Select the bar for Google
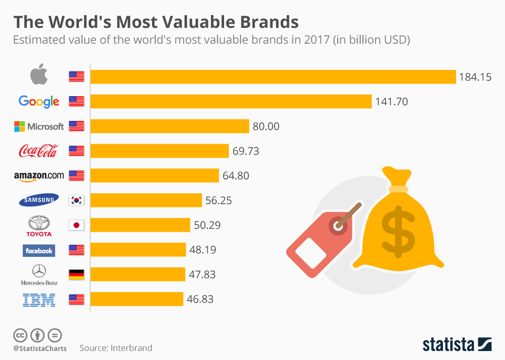click(x=231, y=102)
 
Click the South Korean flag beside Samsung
click(x=76, y=201)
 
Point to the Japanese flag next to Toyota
click(x=76, y=225)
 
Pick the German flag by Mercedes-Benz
click(x=76, y=275)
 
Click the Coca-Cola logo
click(x=38, y=151)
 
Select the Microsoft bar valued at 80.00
click(x=169, y=126)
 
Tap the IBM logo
click(x=39, y=300)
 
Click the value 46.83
click(x=200, y=299)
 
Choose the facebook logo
click(x=39, y=251)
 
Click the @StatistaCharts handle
click(x=40, y=348)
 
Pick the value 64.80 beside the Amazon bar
click(x=236, y=176)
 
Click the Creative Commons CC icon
click(x=20, y=335)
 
